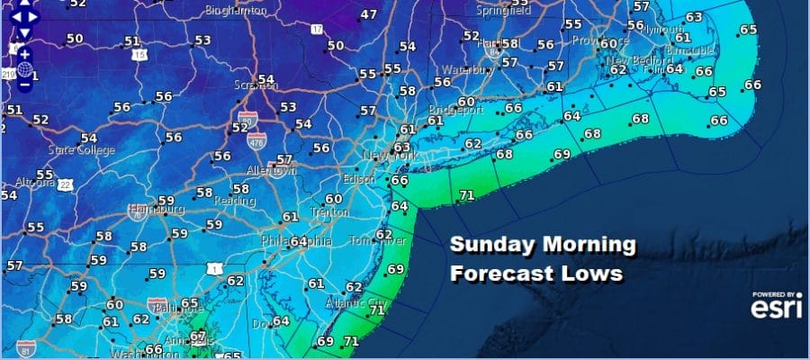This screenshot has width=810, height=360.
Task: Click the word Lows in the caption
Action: tap(591, 273)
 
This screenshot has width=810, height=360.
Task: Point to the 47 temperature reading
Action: tap(368, 14)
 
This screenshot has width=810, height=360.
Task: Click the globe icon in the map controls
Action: tap(24, 70)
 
